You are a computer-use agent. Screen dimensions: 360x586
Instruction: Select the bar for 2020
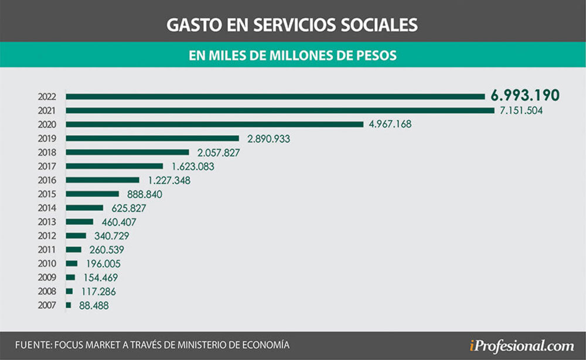pyautogui.click(x=215, y=124)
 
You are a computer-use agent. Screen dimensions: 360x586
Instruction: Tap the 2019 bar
pyautogui.click(x=152, y=138)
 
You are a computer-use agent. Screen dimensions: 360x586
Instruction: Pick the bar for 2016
pyautogui.click(x=103, y=180)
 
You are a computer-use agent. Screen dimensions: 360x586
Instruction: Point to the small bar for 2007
pyautogui.click(x=69, y=305)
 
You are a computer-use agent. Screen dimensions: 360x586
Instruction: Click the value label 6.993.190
pyautogui.click(x=523, y=96)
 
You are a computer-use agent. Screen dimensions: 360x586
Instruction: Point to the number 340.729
pyautogui.click(x=111, y=236)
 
